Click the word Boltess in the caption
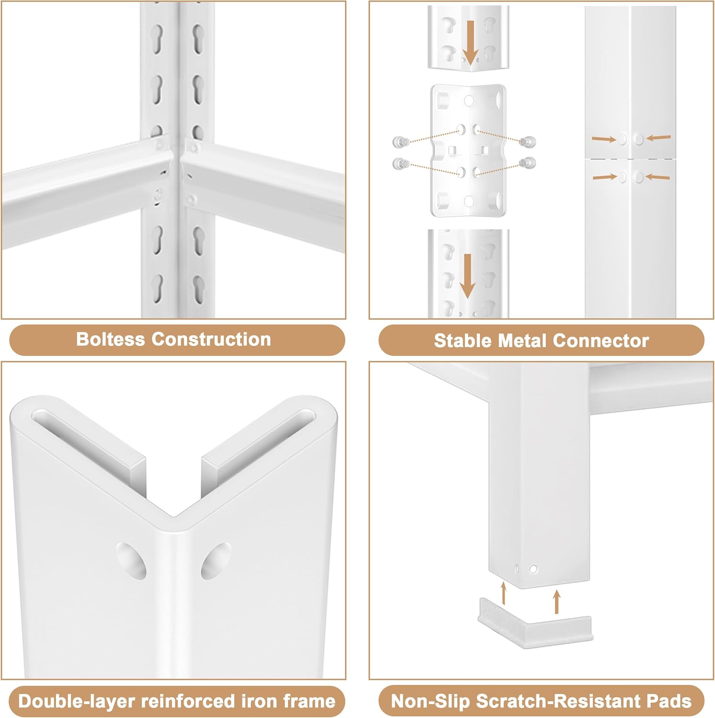pos(110,339)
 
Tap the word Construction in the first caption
pos(211,339)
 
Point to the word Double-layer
pos(76,701)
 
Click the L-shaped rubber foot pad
pos(536,622)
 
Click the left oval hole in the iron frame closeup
pos(131,560)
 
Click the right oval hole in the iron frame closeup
pos(216,561)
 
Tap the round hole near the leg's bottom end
pos(533,569)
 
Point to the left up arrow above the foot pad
pos(503,593)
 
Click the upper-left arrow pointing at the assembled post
pos(604,139)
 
